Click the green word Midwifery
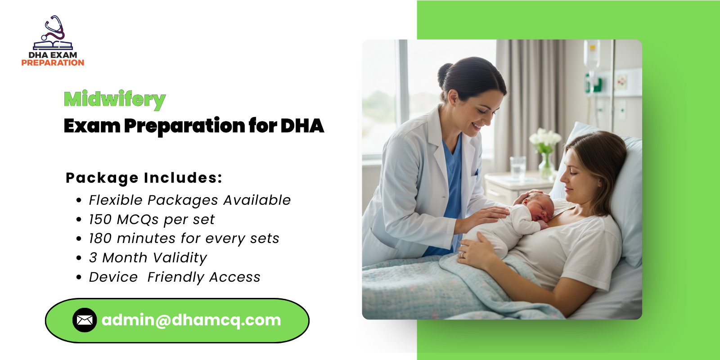(115, 99)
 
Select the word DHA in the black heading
(302, 126)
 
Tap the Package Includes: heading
(144, 178)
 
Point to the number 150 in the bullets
(100, 220)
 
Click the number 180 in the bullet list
(100, 238)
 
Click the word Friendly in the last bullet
(175, 277)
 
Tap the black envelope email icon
(85, 320)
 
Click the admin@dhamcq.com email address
(191, 320)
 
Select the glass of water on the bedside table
(518, 166)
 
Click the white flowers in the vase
(545, 137)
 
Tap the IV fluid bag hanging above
(592, 54)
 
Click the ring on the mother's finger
(461, 254)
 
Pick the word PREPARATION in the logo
(53, 63)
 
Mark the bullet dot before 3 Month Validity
(79, 258)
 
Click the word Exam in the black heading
(92, 126)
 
